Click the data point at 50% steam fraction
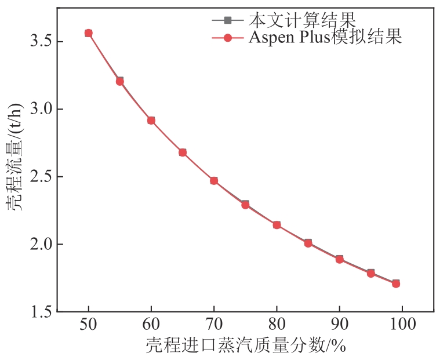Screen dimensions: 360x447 click(x=89, y=33)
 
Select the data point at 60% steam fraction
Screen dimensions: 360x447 click(x=151, y=121)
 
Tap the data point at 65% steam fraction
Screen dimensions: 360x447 click(x=183, y=152)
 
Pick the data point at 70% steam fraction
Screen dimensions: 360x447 click(x=214, y=181)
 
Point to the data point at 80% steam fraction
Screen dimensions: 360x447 click(x=277, y=225)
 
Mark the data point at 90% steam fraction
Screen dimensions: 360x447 click(x=339, y=259)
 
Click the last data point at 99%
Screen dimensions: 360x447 click(x=396, y=283)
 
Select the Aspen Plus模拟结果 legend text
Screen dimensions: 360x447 click(x=325, y=38)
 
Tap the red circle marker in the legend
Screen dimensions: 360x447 click(x=228, y=38)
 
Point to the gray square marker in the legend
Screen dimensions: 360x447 click(x=228, y=20)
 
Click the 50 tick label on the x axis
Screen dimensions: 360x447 click(x=89, y=324)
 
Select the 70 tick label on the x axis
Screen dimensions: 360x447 click(x=214, y=324)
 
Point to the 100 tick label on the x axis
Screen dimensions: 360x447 click(x=402, y=324)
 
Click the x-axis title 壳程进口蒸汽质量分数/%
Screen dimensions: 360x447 click(x=245, y=346)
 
